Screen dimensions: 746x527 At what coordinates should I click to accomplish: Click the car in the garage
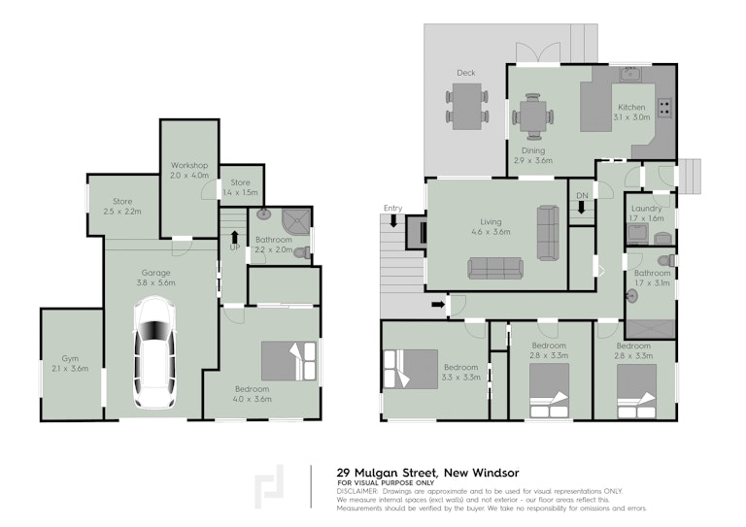(153, 352)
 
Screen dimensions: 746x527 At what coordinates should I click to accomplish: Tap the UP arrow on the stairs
(234, 237)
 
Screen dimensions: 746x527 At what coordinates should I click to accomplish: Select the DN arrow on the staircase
(582, 208)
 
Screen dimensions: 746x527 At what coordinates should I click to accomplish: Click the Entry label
(393, 208)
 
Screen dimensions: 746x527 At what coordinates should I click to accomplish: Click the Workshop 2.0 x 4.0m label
(189, 170)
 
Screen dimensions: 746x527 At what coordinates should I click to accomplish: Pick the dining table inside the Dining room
(532, 116)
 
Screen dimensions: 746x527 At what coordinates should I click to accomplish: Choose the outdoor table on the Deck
(466, 107)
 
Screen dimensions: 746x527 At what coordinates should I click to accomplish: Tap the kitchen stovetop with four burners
(664, 108)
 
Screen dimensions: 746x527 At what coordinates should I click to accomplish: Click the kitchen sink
(630, 74)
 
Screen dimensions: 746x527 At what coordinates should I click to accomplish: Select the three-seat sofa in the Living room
(495, 268)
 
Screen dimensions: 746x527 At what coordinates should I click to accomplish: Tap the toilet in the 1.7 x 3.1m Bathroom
(666, 260)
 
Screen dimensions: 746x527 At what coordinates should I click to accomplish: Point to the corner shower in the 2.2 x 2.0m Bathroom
(297, 222)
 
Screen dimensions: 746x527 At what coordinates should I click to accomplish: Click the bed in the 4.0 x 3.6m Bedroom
(288, 361)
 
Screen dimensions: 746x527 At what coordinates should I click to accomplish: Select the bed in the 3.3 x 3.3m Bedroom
(411, 369)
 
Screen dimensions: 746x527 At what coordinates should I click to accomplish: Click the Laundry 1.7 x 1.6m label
(647, 214)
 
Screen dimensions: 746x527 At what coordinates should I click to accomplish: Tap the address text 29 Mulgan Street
(387, 473)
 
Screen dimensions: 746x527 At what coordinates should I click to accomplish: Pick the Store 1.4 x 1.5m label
(240, 187)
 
